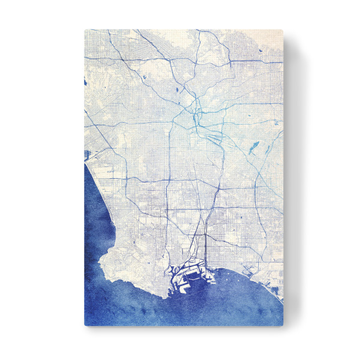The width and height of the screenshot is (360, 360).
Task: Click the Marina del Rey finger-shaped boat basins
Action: pyautogui.click(x=88, y=154)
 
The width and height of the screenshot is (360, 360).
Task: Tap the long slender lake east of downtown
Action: pyautogui.click(x=253, y=146)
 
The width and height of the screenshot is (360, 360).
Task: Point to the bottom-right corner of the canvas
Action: pyautogui.click(x=283, y=326)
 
